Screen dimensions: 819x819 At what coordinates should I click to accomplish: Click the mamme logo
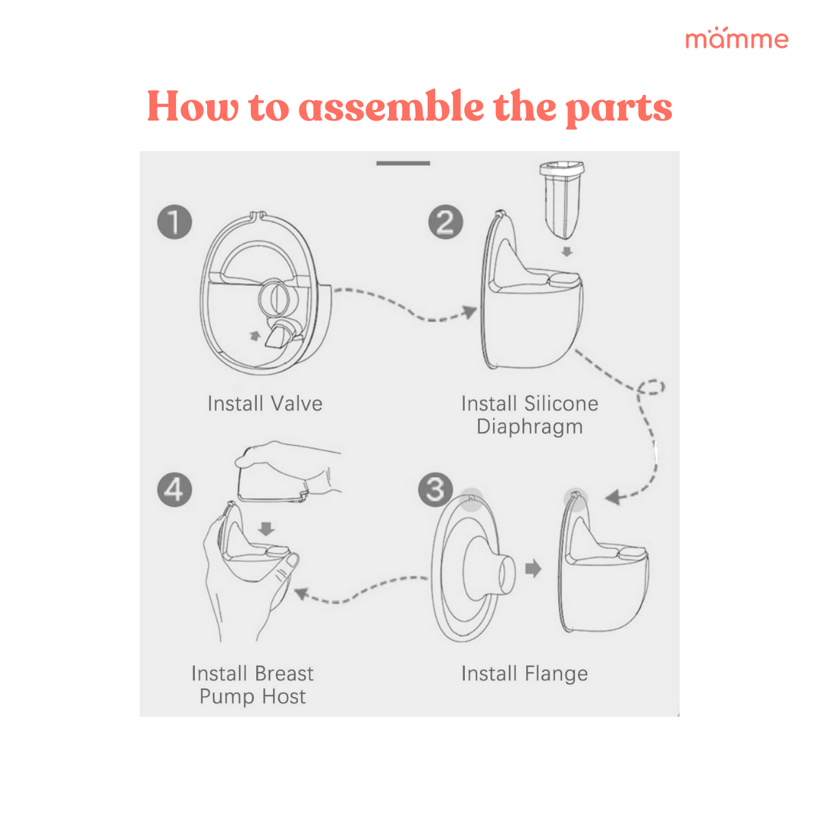pyautogui.click(x=736, y=39)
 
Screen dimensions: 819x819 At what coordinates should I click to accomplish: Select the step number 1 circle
pyautogui.click(x=175, y=223)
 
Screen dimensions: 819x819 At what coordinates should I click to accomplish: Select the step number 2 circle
pyautogui.click(x=446, y=223)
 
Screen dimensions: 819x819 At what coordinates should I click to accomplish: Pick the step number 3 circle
pyautogui.click(x=436, y=490)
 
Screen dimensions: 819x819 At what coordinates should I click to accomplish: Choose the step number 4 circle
pyautogui.click(x=174, y=490)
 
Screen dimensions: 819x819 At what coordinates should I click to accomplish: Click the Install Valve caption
pyautogui.click(x=265, y=403)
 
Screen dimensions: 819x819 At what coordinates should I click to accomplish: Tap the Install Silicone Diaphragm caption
pyautogui.click(x=529, y=415)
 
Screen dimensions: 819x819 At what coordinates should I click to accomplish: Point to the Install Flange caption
pyautogui.click(x=524, y=673)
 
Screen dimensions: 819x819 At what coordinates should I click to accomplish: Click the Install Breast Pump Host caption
pyautogui.click(x=253, y=685)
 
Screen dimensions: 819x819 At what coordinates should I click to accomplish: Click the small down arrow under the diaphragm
pyautogui.click(x=566, y=251)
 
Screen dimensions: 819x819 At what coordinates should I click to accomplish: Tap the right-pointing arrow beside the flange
pyautogui.click(x=534, y=569)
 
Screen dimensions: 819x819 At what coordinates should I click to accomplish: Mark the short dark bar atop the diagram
pyautogui.click(x=403, y=163)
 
